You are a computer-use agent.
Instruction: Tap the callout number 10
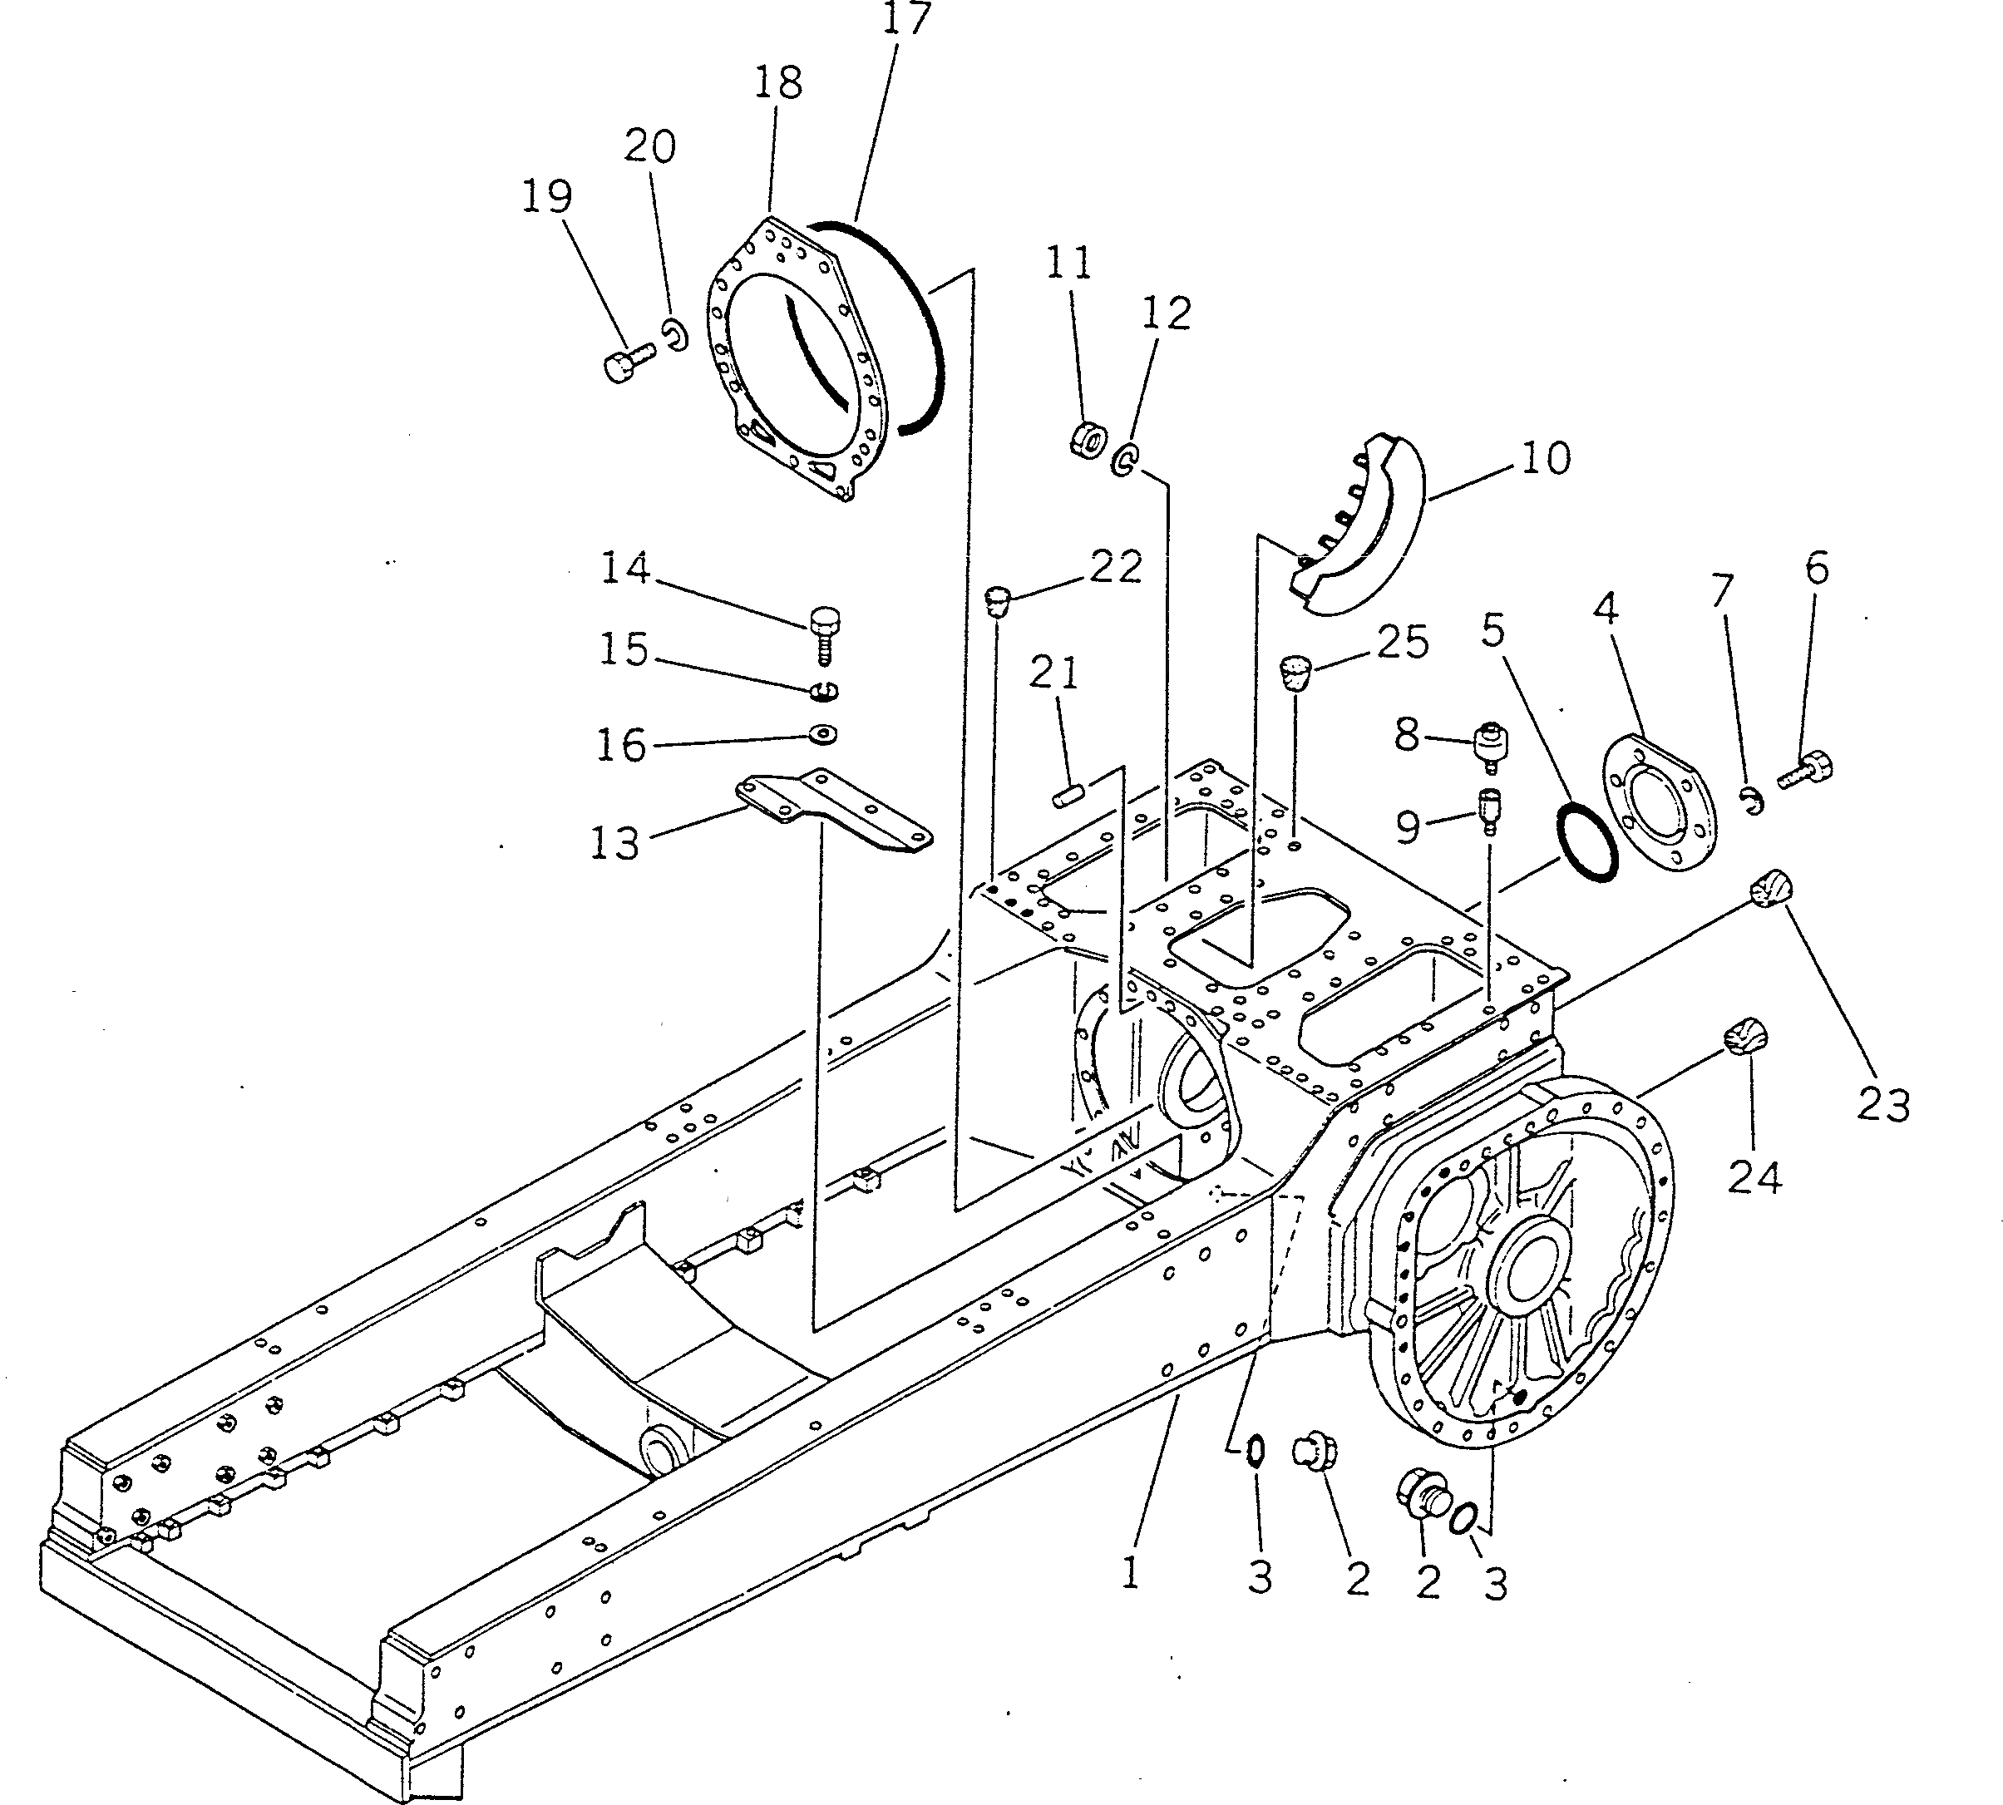(1545, 458)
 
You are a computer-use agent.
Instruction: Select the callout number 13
(614, 843)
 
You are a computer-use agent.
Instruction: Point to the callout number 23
(1882, 1104)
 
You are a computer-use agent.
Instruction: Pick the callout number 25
(1403, 643)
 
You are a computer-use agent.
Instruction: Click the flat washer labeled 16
(823, 735)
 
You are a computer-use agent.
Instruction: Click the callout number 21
(1053, 674)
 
